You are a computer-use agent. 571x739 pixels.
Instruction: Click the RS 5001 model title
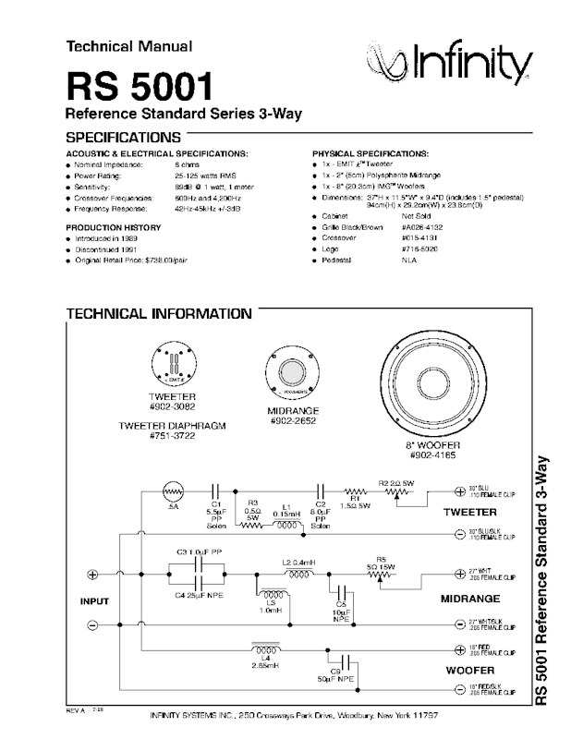(x=139, y=88)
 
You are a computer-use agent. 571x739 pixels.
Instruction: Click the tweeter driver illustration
(x=175, y=364)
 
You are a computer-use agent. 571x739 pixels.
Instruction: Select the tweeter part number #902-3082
(x=175, y=406)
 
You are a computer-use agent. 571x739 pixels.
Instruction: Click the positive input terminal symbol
(x=91, y=575)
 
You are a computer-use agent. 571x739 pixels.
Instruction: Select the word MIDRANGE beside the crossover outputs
(x=470, y=599)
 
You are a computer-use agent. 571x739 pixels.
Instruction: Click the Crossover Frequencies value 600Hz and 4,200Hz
(x=209, y=198)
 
